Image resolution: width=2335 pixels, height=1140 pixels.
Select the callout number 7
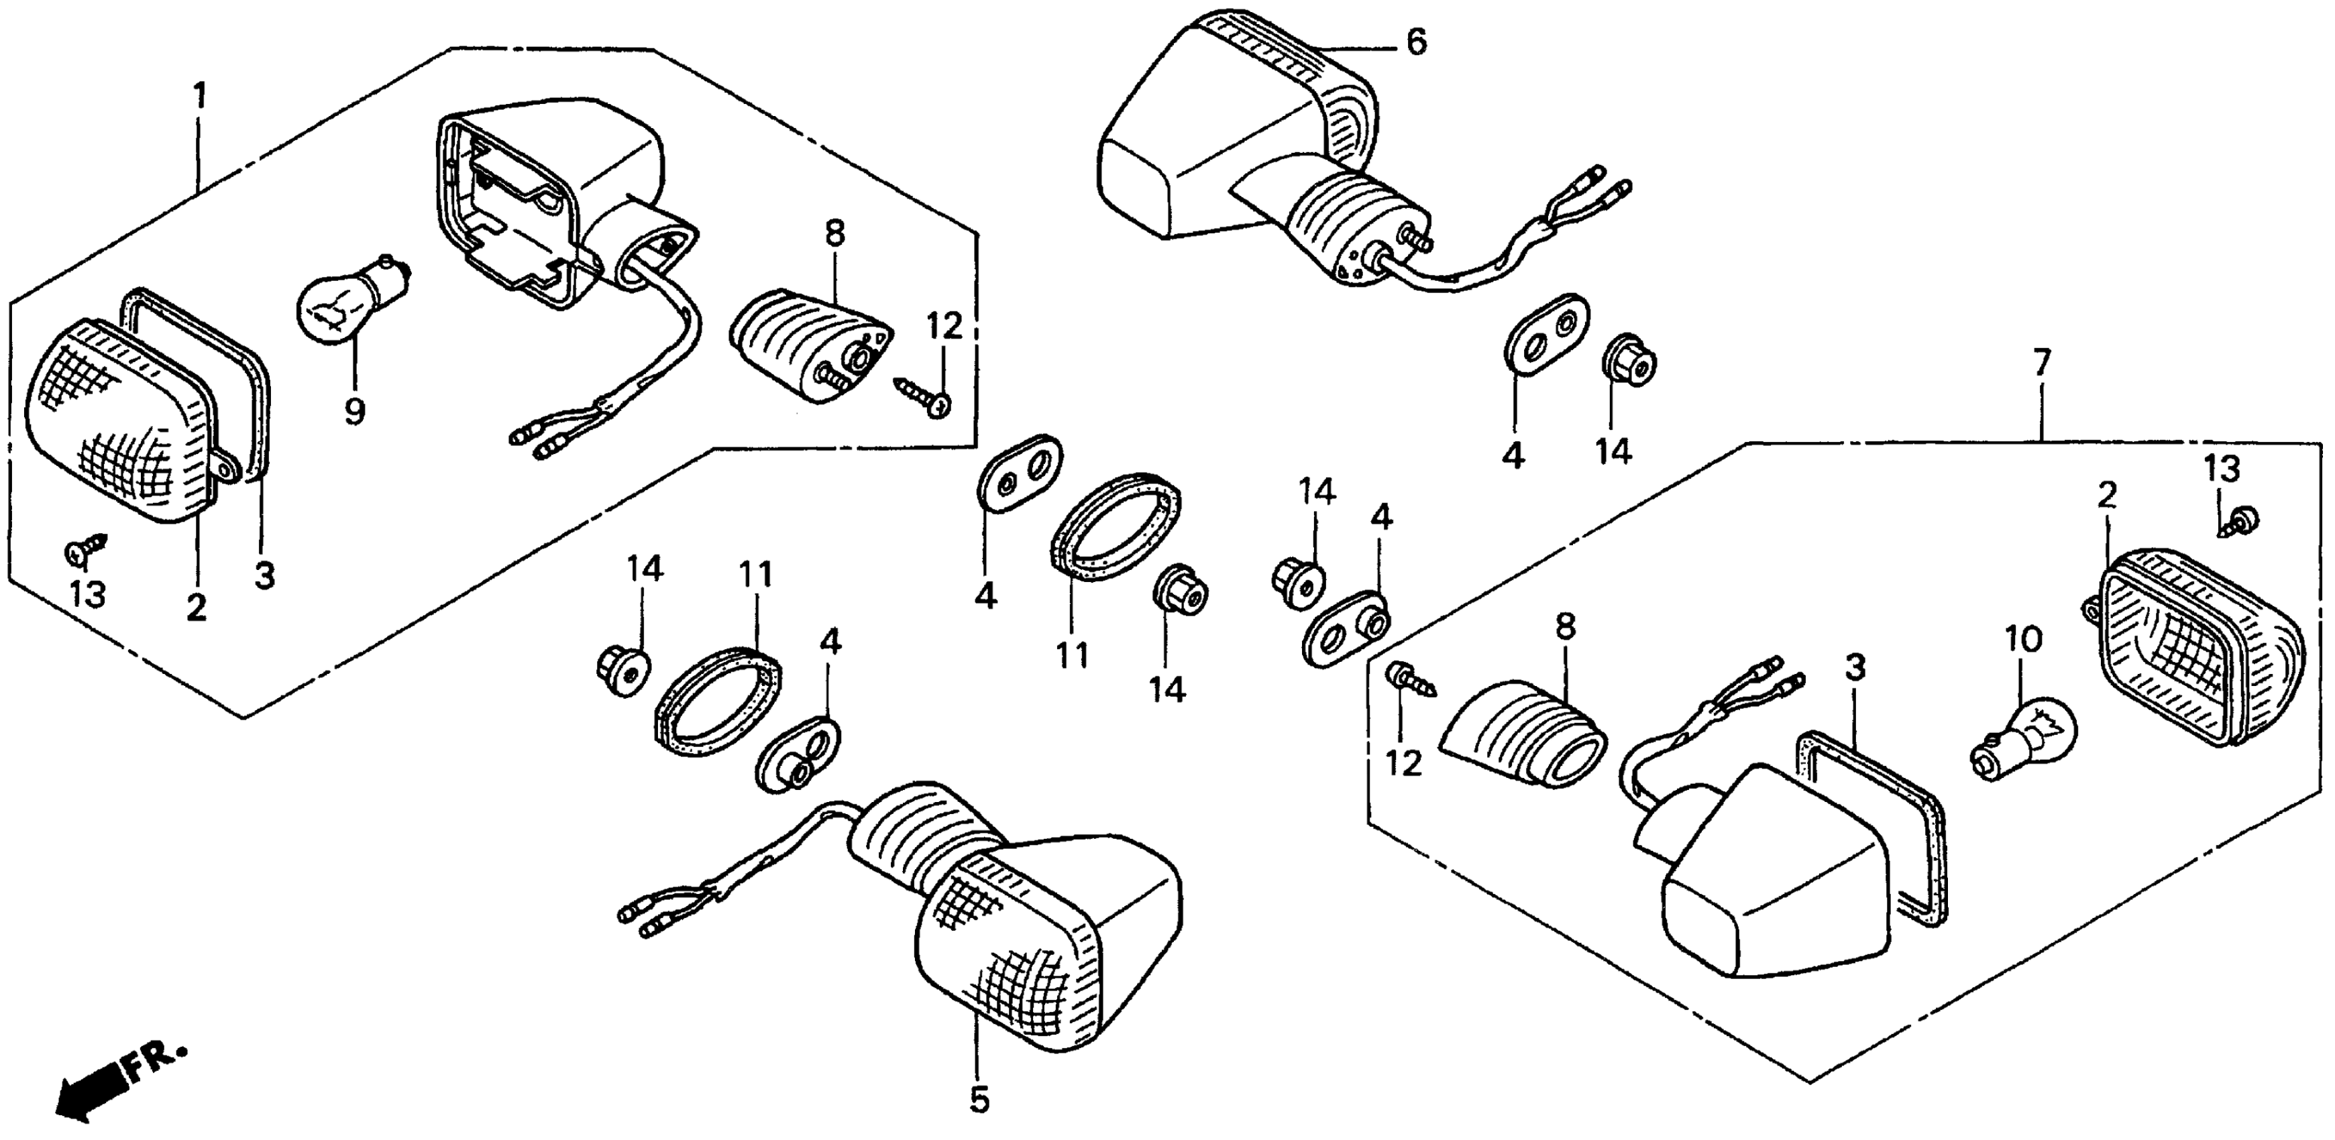click(x=2041, y=363)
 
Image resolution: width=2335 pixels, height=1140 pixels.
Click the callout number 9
click(x=354, y=412)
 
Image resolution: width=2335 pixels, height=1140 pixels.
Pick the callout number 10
click(x=2024, y=640)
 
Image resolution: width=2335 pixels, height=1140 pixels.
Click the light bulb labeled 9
click(x=349, y=299)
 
